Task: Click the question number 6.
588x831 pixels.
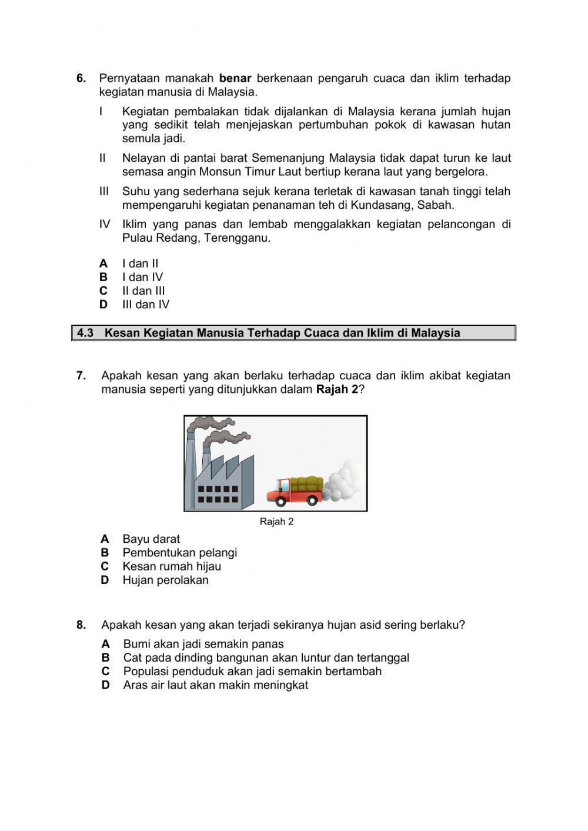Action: point(81,78)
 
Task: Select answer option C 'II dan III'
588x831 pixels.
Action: point(143,291)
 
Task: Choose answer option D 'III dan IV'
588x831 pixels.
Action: point(145,305)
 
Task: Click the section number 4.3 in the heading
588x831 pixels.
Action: point(85,333)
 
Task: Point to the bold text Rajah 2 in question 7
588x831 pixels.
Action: point(337,389)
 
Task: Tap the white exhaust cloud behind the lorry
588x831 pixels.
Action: point(344,483)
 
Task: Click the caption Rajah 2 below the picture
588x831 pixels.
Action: point(276,522)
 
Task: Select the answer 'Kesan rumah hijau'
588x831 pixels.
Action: point(172,566)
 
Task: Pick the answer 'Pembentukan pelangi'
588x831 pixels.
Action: point(179,553)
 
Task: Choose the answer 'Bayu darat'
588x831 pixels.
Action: point(151,539)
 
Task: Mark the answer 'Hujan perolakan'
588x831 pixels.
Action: point(165,580)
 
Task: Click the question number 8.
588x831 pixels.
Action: point(81,625)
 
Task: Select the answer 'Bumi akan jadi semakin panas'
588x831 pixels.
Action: point(203,645)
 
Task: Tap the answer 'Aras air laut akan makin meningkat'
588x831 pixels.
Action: point(215,685)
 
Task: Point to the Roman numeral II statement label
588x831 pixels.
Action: point(102,158)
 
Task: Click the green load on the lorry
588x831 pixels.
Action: point(306,483)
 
